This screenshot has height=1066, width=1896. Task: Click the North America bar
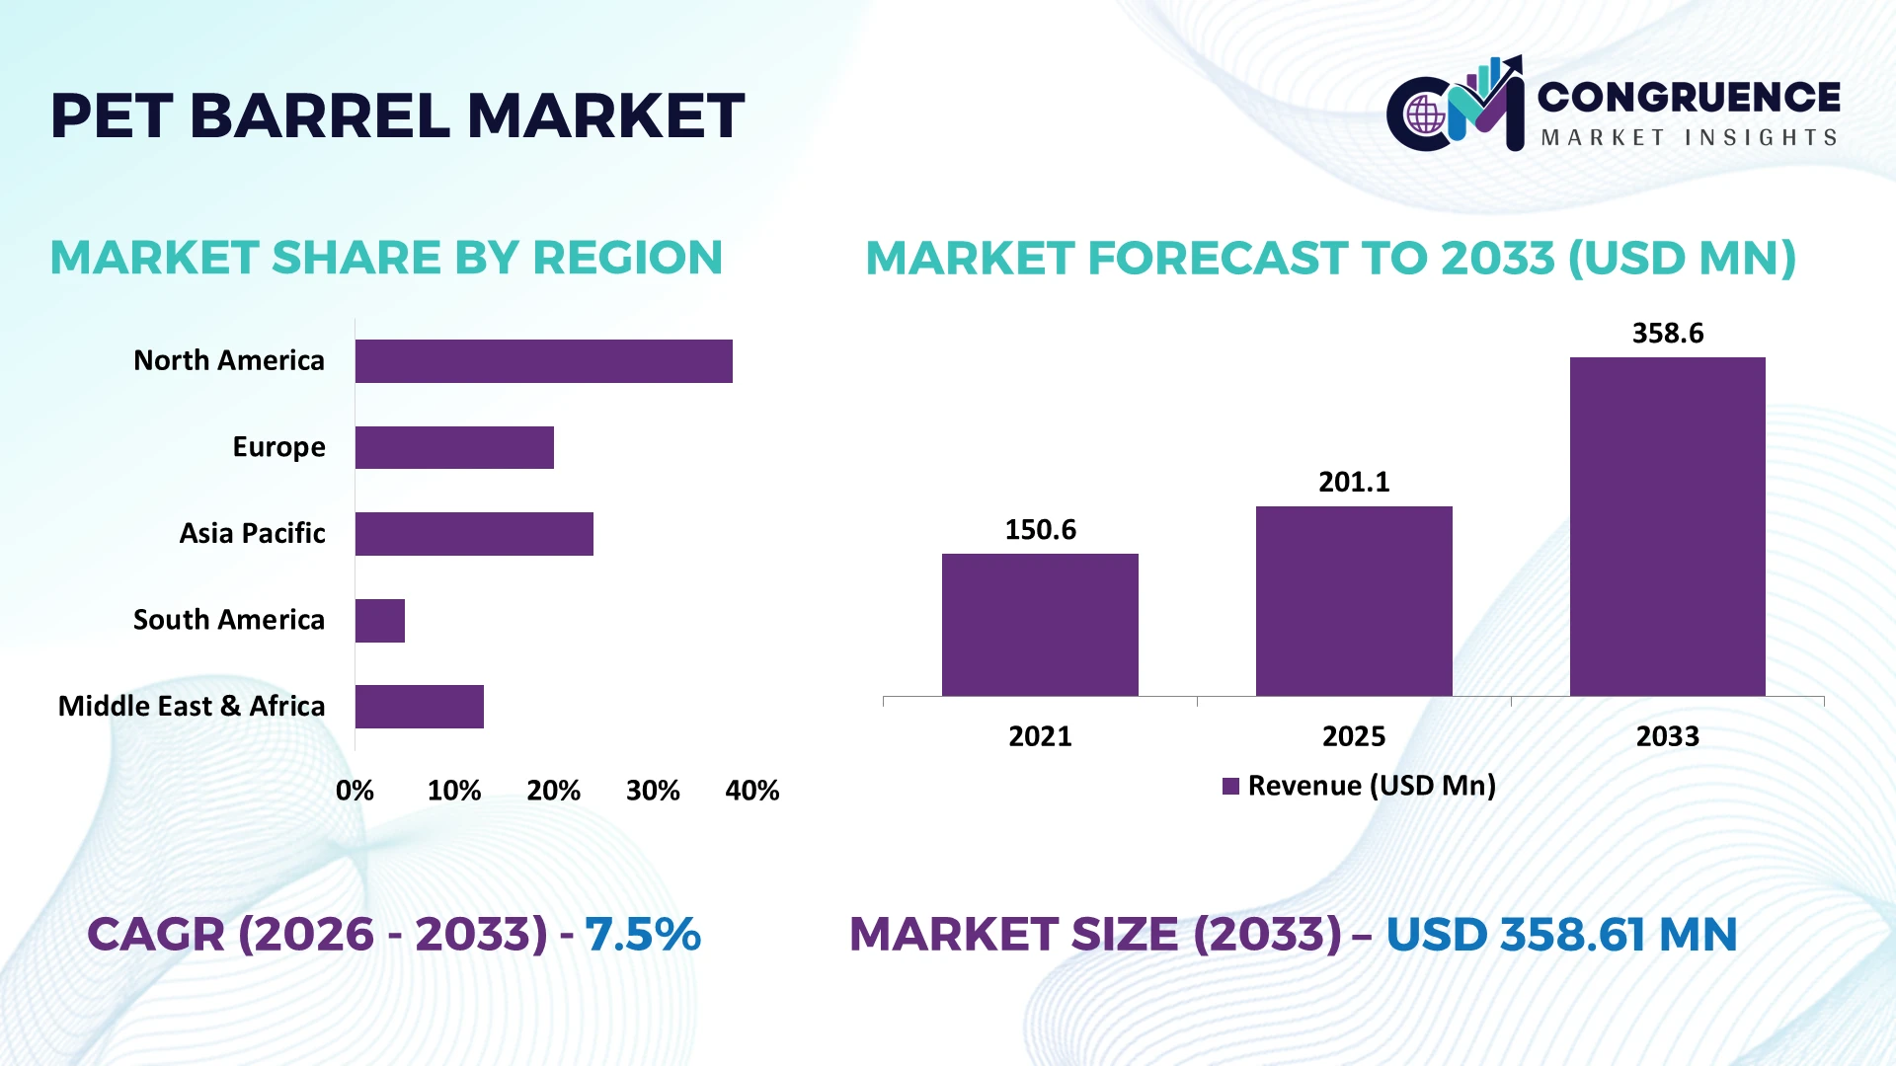tap(544, 361)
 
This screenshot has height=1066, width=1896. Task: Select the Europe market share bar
tap(454, 447)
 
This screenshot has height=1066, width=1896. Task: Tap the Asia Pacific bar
tap(474, 534)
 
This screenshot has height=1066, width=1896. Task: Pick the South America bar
tap(380, 621)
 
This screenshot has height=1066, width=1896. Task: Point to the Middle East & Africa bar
tap(420, 707)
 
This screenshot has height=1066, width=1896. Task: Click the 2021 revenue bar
tap(1040, 625)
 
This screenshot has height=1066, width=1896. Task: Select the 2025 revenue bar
tap(1354, 601)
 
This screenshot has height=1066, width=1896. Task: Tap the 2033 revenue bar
tap(1668, 526)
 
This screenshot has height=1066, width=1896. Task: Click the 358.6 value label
tap(1668, 334)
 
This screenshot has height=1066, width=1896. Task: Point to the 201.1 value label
tap(1354, 483)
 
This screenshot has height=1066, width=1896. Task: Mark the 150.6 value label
tap(1040, 530)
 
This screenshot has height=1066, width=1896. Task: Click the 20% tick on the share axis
tap(553, 791)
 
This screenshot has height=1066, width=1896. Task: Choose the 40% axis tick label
tap(752, 791)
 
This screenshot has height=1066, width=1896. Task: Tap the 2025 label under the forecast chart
tap(1354, 736)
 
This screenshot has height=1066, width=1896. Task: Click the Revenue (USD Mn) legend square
tap(1230, 787)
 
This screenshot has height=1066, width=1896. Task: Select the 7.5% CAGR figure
tap(643, 935)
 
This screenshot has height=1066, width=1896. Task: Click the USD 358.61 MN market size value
tap(1561, 935)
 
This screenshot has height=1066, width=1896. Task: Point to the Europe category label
tap(278, 448)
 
